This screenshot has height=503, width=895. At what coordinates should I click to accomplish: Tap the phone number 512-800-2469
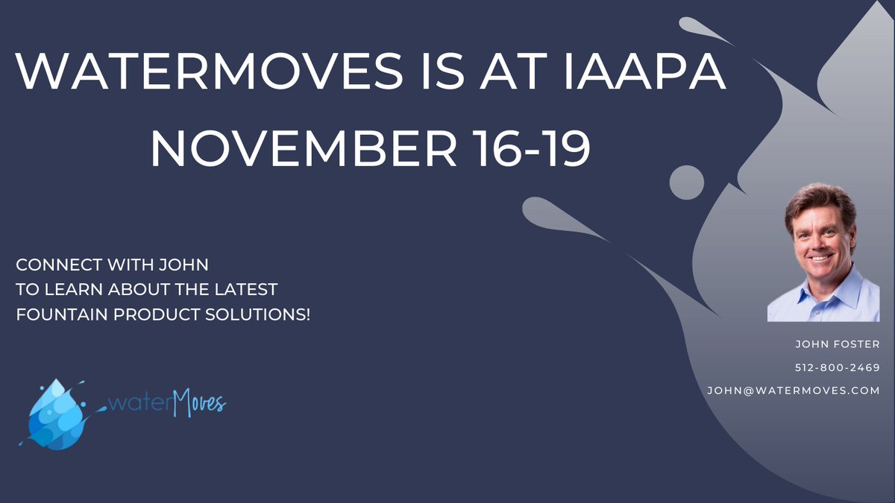(836, 367)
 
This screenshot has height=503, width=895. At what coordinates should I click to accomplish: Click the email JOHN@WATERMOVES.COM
(794, 390)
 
